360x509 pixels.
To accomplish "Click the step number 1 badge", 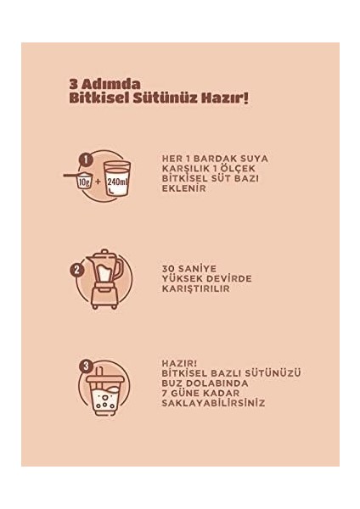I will [84, 158].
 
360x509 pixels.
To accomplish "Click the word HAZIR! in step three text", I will [177, 362].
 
